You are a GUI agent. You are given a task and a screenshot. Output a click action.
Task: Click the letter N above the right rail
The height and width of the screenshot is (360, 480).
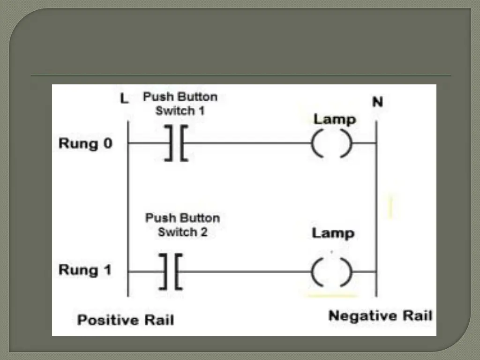tap(377, 102)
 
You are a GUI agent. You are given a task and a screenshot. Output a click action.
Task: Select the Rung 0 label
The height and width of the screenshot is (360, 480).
tap(85, 143)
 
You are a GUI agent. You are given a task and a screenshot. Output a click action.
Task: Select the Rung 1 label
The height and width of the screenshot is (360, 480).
tap(85, 270)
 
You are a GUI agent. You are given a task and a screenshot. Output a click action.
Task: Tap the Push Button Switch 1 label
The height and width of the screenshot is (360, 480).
tap(180, 104)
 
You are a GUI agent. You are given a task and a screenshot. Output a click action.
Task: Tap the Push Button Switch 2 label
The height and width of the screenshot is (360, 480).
tap(182, 225)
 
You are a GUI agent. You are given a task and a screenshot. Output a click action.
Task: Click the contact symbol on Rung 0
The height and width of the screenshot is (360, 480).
tap(176, 143)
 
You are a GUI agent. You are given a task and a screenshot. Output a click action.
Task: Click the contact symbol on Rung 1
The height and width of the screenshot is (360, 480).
tap(171, 271)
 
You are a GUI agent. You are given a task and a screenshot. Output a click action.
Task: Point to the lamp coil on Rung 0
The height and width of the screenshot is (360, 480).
tap(331, 143)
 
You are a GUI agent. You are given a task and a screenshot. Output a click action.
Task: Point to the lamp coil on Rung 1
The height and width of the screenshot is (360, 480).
tap(331, 272)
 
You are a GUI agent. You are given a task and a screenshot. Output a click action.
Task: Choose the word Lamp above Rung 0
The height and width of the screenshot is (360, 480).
tap(334, 120)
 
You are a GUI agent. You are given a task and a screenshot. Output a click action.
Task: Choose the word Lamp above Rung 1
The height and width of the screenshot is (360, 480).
tap(333, 233)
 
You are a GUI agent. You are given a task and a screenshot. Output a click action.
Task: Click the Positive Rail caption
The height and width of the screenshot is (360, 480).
tap(125, 320)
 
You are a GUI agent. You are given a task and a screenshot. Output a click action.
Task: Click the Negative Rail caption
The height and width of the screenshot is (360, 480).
tap(380, 315)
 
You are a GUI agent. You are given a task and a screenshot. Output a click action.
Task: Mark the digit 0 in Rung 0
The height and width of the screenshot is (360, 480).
tap(107, 143)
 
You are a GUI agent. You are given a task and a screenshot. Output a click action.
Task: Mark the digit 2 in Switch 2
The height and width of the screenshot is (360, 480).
tap(203, 232)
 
